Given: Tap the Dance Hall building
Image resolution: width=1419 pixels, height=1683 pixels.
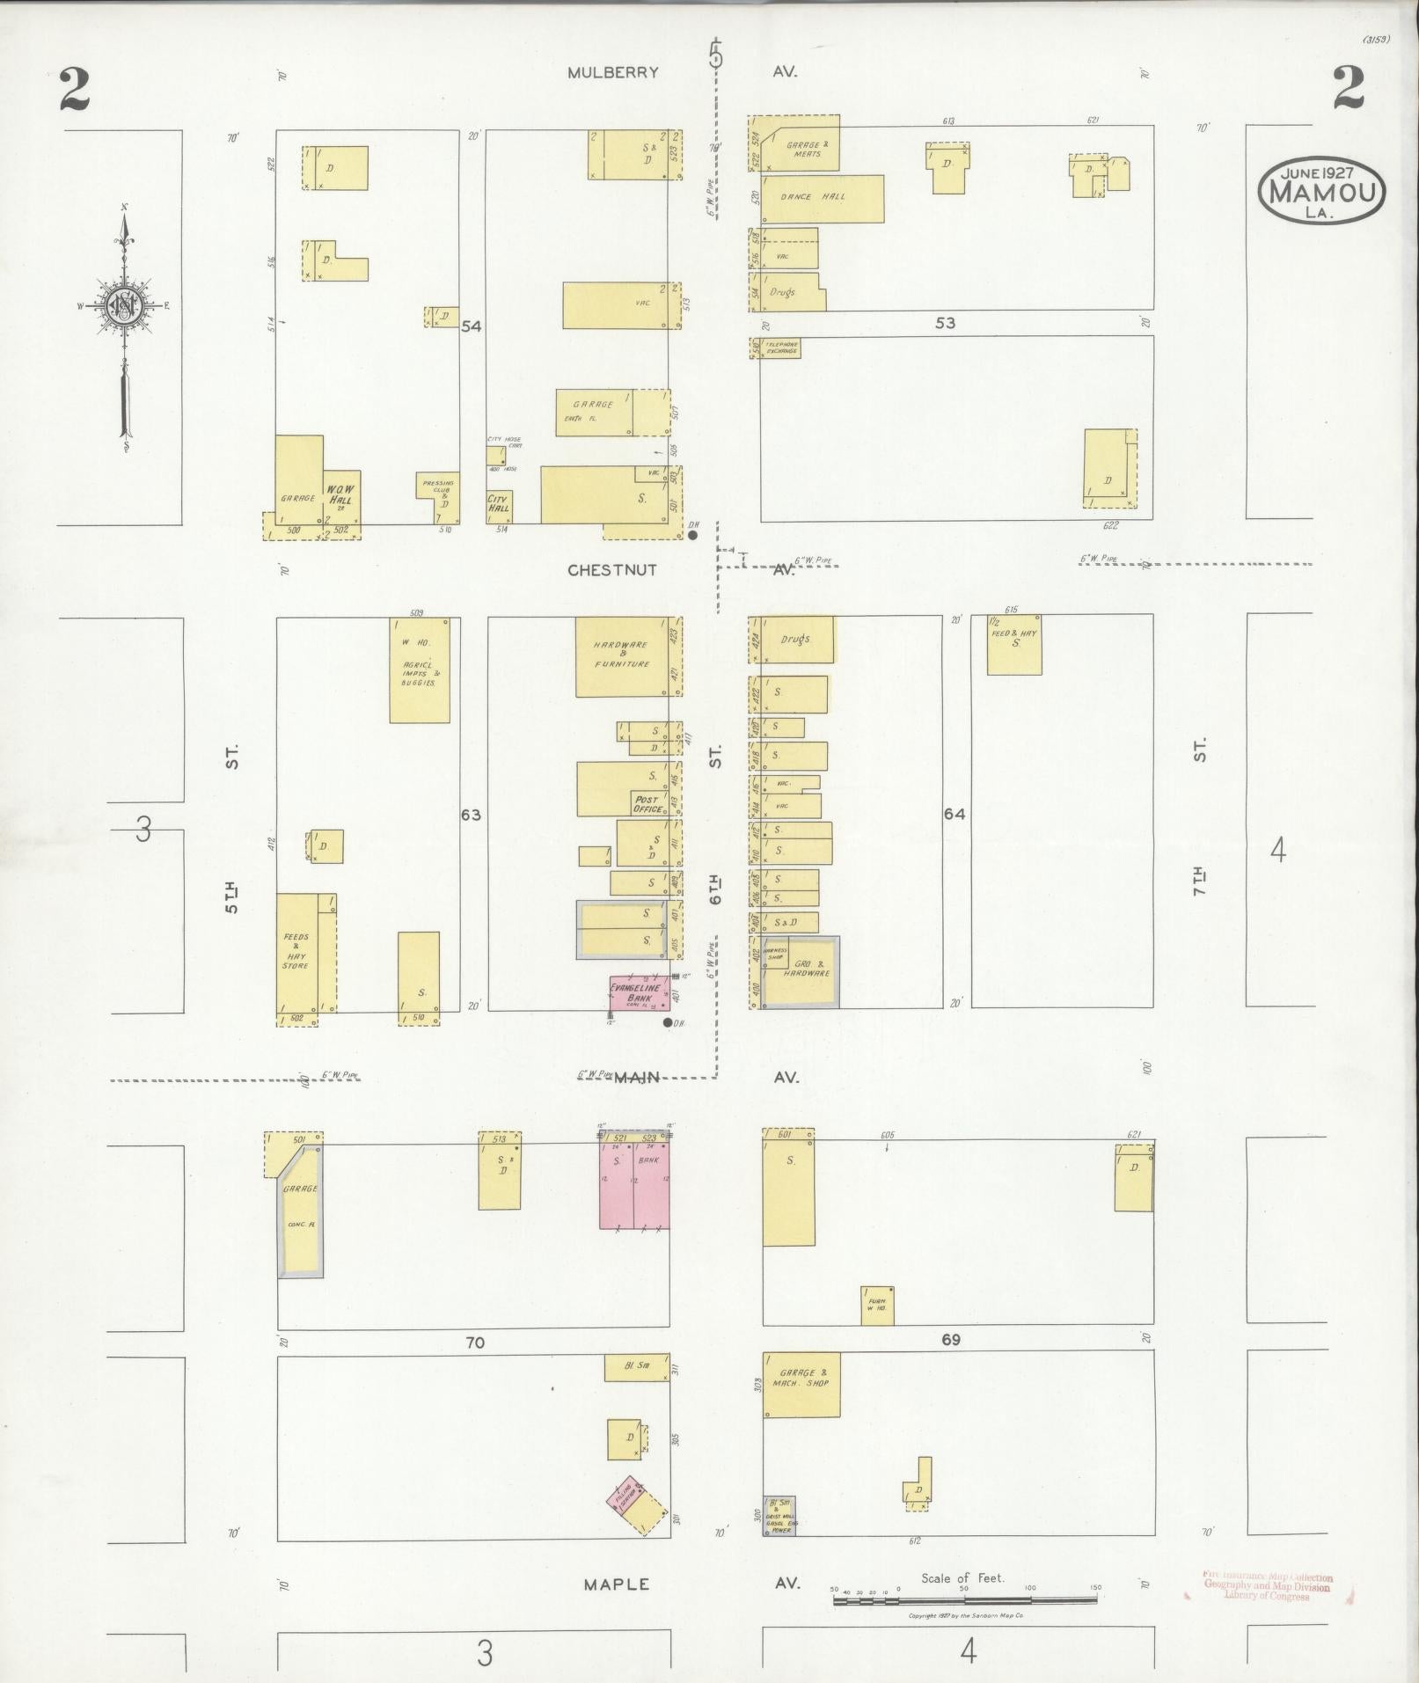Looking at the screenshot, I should pos(821,199).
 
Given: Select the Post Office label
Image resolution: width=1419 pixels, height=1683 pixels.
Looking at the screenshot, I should pos(647,804).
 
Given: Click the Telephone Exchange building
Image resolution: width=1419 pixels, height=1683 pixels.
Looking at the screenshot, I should pos(780,348).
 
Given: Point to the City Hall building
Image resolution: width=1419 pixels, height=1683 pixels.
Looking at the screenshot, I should pos(499,507).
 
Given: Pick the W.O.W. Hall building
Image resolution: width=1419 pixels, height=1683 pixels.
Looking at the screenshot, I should pos(341,497).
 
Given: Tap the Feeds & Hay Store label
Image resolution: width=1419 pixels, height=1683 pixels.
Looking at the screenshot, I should pos(296,951).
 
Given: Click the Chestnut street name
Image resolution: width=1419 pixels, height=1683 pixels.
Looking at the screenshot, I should pos(612,570).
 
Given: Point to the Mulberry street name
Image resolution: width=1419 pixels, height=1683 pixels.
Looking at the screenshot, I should pos(612,73).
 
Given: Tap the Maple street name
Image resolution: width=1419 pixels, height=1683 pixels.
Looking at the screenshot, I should pos(617,1584).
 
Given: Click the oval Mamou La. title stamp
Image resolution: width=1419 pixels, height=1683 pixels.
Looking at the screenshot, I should pos(1321,191).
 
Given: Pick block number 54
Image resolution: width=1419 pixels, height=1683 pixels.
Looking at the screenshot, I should pos(472,326).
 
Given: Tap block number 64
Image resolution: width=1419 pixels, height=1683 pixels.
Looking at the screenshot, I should pos(955,814).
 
